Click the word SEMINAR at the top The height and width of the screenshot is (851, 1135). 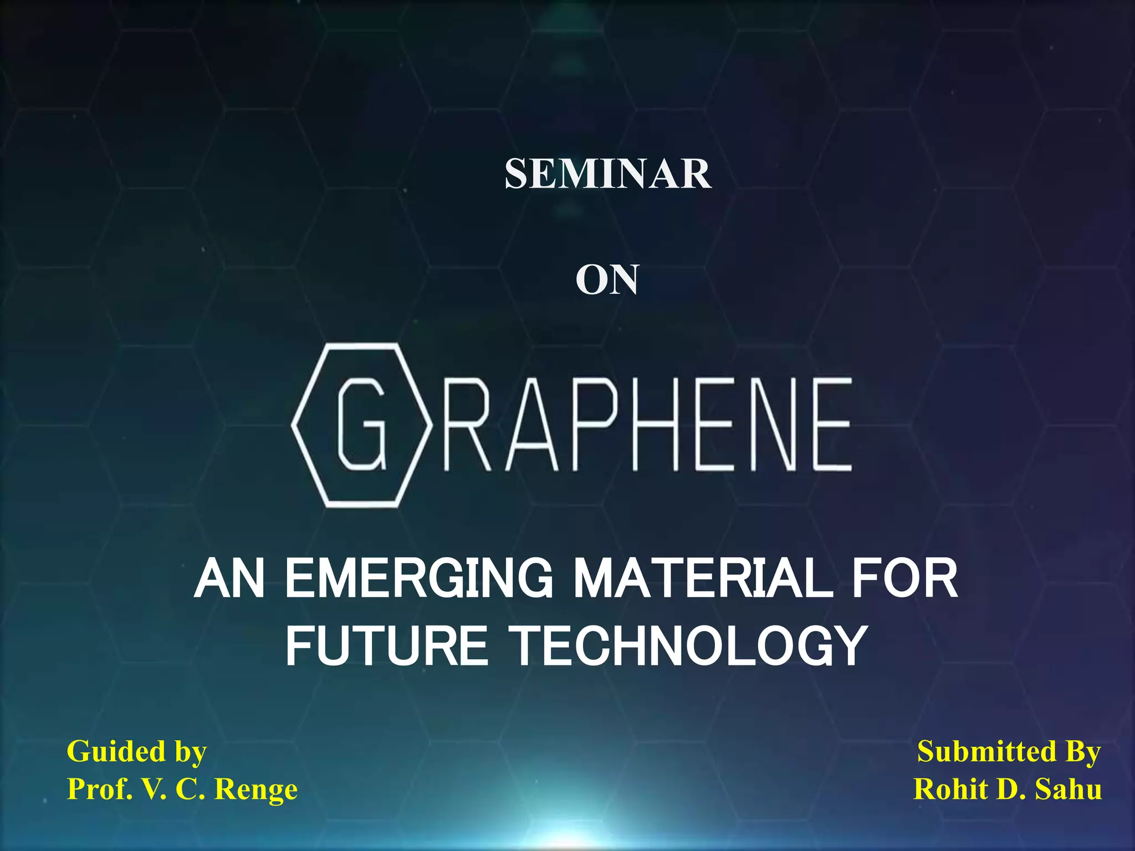tap(607, 174)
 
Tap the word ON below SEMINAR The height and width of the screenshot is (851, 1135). tap(607, 280)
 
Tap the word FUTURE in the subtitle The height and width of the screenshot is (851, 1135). tap(386, 645)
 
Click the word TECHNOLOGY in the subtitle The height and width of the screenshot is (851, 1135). tap(688, 645)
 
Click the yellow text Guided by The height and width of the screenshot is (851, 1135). tap(136, 752)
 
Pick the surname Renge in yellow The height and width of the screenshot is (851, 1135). tap(255, 790)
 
